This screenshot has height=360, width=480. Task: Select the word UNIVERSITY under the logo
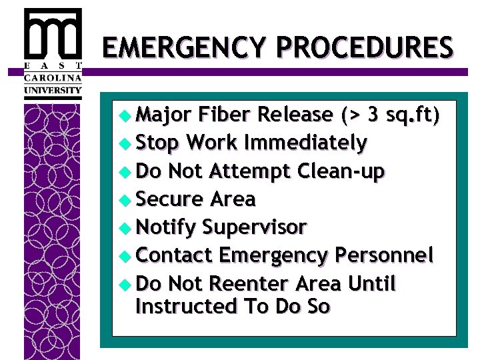(53, 90)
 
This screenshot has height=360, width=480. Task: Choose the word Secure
(169, 199)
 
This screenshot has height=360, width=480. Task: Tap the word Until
(372, 284)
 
